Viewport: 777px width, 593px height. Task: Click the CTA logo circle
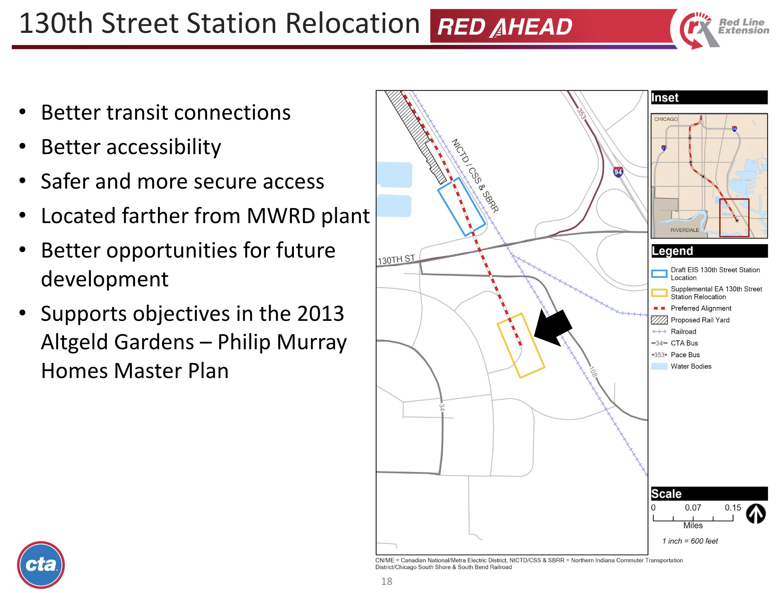click(41, 565)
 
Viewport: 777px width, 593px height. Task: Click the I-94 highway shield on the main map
click(618, 172)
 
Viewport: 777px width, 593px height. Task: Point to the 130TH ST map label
click(396, 260)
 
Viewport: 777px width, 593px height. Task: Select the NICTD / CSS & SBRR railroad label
click(475, 175)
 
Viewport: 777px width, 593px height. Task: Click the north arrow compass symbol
click(755, 514)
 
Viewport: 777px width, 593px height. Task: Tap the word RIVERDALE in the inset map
click(684, 230)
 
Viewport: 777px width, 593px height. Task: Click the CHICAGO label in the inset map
click(666, 119)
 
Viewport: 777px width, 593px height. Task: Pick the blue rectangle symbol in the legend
click(659, 274)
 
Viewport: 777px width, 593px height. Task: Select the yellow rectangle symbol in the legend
click(659, 293)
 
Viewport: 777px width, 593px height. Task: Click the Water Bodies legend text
click(691, 366)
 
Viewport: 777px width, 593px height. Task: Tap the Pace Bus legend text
click(685, 355)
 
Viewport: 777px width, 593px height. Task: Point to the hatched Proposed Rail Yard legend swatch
click(659, 320)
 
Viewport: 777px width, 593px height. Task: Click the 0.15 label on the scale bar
click(733, 508)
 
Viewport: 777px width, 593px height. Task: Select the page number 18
click(386, 582)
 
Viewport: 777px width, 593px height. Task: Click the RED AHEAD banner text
click(505, 27)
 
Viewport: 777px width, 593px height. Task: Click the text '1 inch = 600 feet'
click(690, 541)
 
